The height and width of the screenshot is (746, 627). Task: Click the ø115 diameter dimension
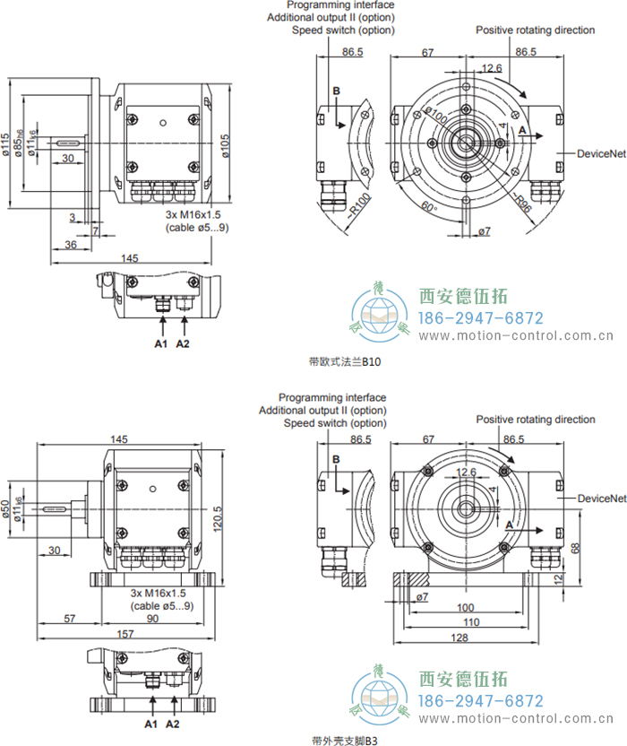click(x=6, y=143)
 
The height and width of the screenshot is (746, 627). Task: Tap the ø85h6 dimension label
click(x=19, y=144)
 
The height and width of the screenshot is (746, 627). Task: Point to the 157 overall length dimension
click(x=125, y=634)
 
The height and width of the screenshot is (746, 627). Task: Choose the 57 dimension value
click(x=69, y=619)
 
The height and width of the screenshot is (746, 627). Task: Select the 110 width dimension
click(x=466, y=621)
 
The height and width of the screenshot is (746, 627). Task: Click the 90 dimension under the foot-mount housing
click(x=152, y=619)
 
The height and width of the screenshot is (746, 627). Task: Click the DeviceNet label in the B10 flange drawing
click(x=600, y=154)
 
